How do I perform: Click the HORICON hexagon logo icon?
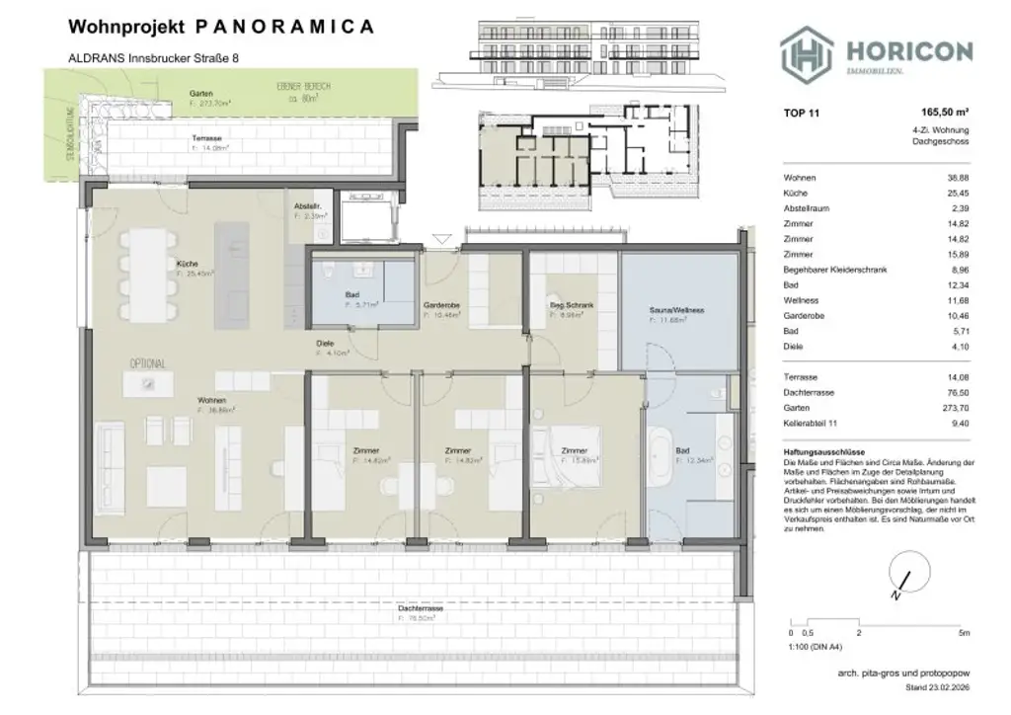tap(804, 52)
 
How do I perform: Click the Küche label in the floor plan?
tap(188, 265)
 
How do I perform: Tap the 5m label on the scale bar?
tap(964, 631)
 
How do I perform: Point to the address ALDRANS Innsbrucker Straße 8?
tap(153, 59)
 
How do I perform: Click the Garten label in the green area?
tap(201, 94)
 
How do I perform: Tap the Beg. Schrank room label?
tap(572, 306)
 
